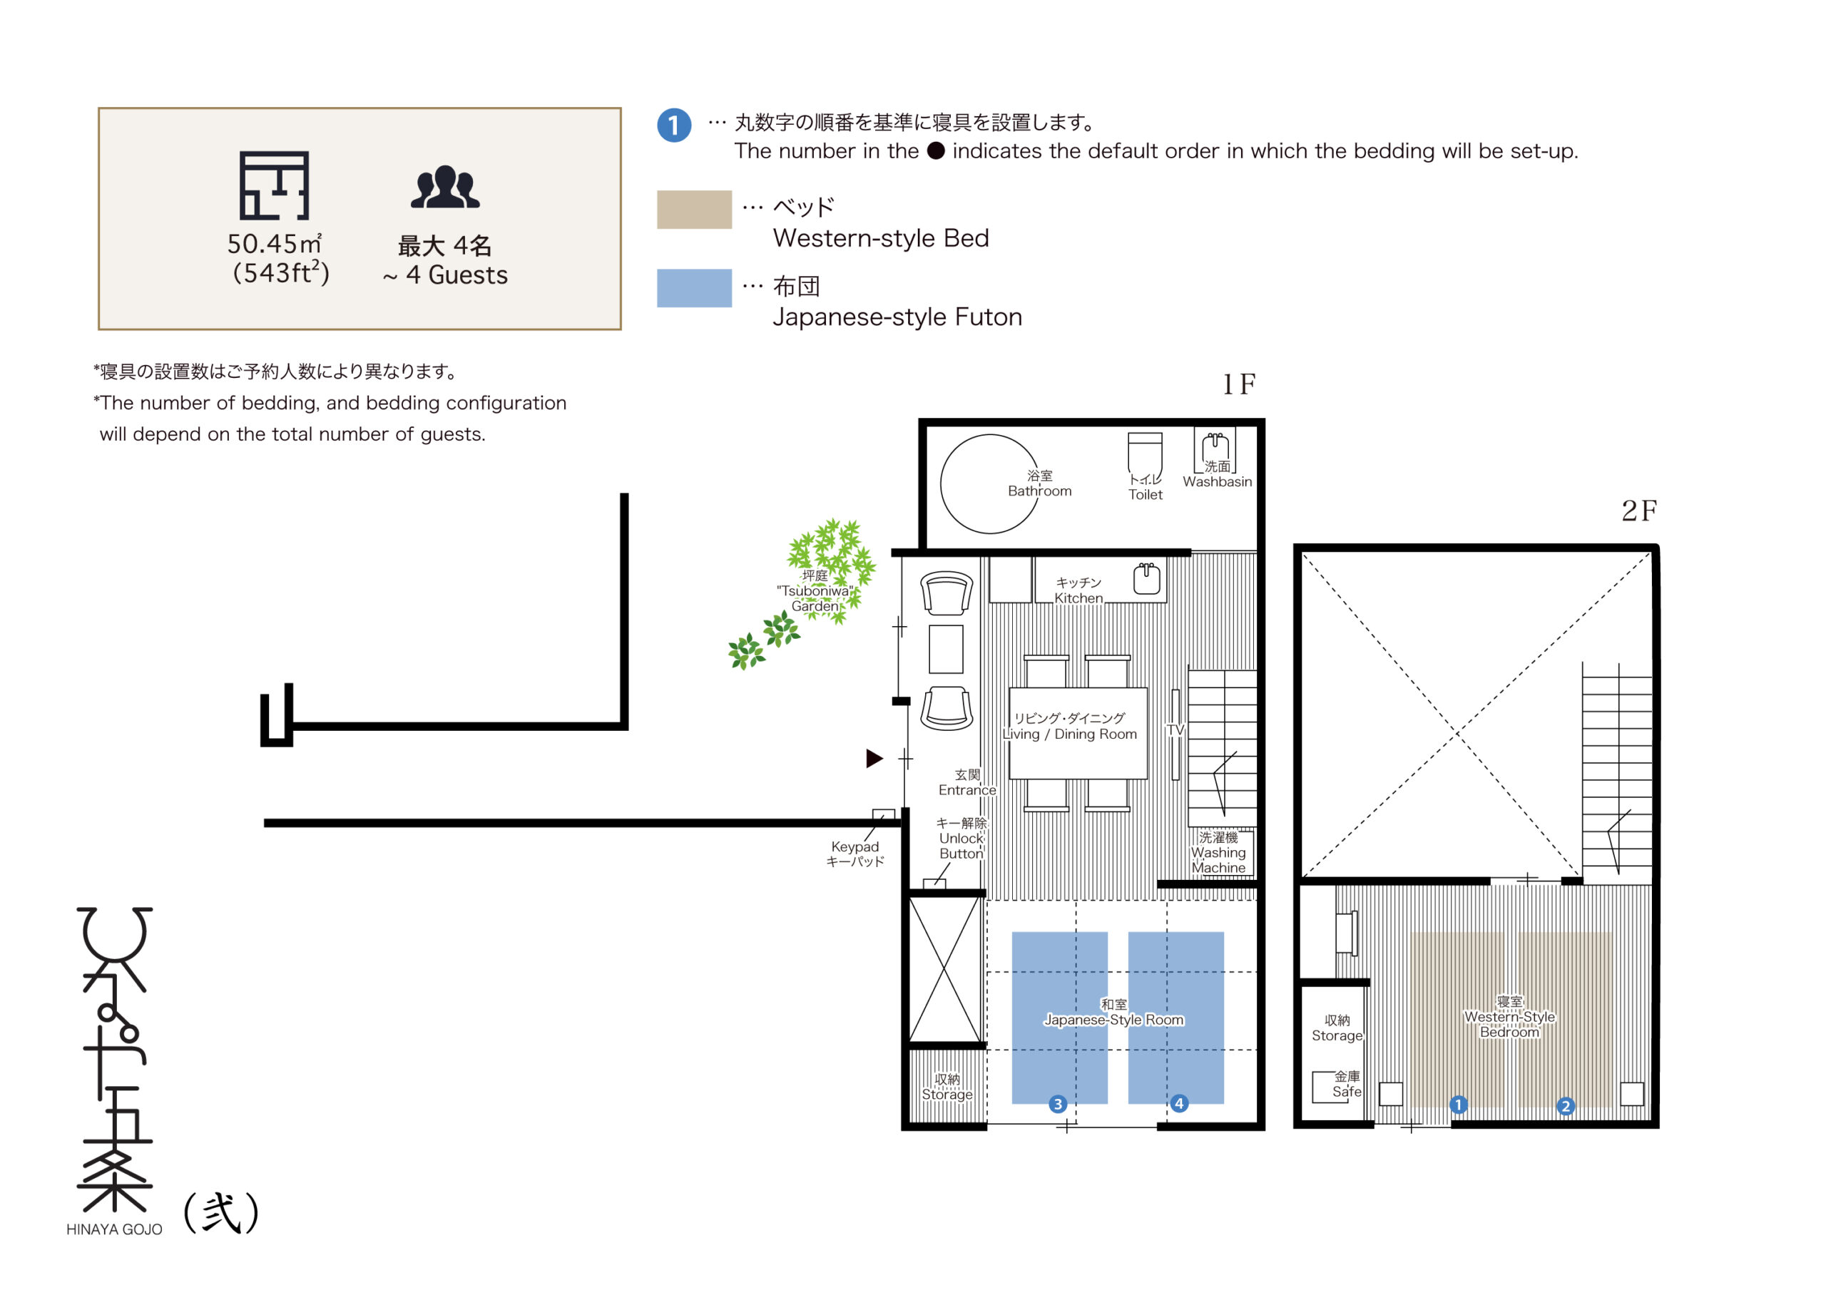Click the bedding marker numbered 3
[1058, 1104]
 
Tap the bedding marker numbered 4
[1180, 1103]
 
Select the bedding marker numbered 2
[1566, 1106]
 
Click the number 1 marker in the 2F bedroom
[1459, 1105]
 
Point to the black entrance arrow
[874, 759]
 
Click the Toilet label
[1146, 495]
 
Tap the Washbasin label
[1218, 482]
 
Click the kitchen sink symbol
[1147, 578]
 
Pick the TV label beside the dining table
[1175, 730]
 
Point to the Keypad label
[855, 847]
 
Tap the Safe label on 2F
[1347, 1092]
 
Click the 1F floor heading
[1239, 385]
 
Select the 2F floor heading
[1639, 511]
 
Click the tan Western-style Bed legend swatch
[694, 209]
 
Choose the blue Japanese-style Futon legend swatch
[694, 288]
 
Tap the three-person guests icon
[445, 187]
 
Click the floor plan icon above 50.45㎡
[275, 185]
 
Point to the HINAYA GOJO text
[115, 1229]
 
